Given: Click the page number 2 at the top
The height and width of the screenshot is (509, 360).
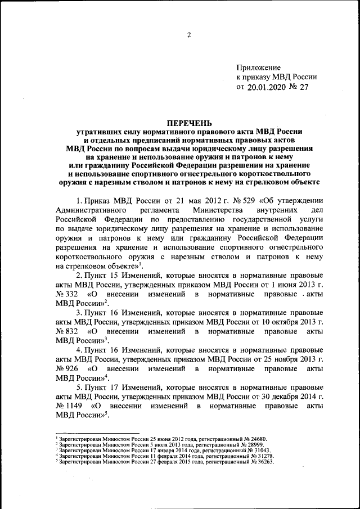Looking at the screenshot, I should [x=190, y=35].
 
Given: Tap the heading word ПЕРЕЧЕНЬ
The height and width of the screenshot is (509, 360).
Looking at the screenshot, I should [x=188, y=122].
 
